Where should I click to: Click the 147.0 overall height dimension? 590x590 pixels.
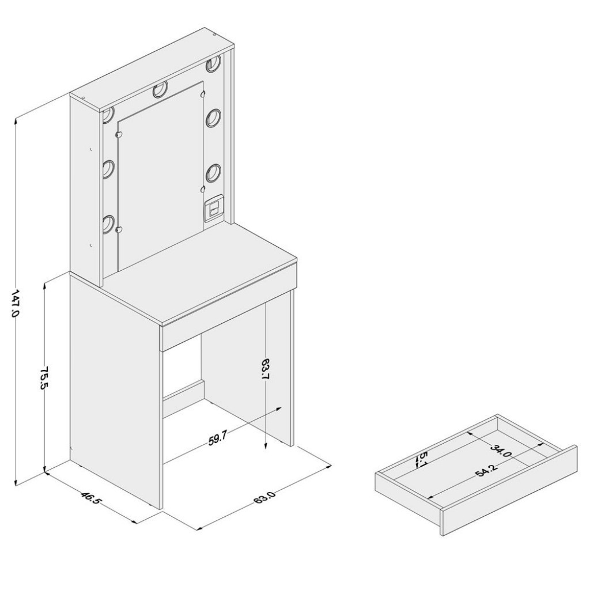15,303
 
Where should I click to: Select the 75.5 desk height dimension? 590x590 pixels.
45,378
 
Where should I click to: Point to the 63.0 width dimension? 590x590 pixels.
265,495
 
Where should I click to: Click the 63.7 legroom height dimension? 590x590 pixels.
266,370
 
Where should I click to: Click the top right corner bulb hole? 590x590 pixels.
213,63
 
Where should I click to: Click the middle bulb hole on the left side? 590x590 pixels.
108,169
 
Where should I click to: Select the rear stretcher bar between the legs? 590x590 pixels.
183,390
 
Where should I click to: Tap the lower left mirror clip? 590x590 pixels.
119,229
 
